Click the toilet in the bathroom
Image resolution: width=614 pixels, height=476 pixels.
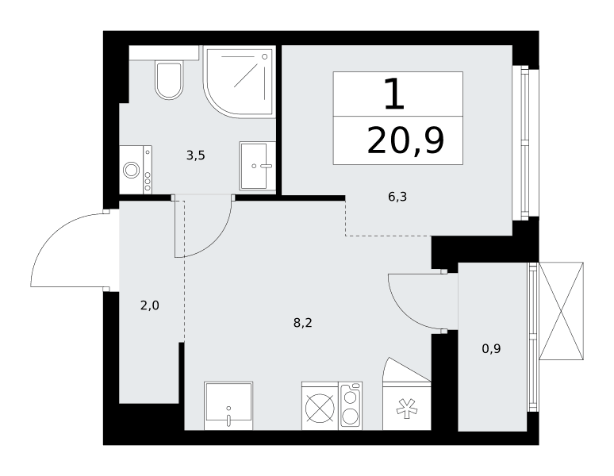[169, 80]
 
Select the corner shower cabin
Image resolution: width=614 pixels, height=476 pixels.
[239, 81]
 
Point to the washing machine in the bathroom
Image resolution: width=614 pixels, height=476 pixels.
[136, 170]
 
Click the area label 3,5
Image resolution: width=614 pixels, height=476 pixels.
[196, 155]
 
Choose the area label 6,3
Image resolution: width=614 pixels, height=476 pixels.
[397, 197]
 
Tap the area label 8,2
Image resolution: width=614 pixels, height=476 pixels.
[303, 323]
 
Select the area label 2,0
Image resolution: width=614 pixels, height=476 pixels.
[150, 305]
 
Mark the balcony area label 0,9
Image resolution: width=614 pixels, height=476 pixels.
[491, 348]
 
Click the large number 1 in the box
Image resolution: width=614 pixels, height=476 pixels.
[395, 94]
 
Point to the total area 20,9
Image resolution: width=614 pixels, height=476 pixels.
[405, 141]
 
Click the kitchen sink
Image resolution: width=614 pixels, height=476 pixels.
[228, 406]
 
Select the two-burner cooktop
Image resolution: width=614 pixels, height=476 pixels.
[351, 406]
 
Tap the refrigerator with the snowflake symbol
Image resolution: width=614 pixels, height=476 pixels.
[407, 406]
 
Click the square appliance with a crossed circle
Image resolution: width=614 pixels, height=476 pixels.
[320, 406]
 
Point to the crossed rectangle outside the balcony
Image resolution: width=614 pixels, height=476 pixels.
[561, 311]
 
